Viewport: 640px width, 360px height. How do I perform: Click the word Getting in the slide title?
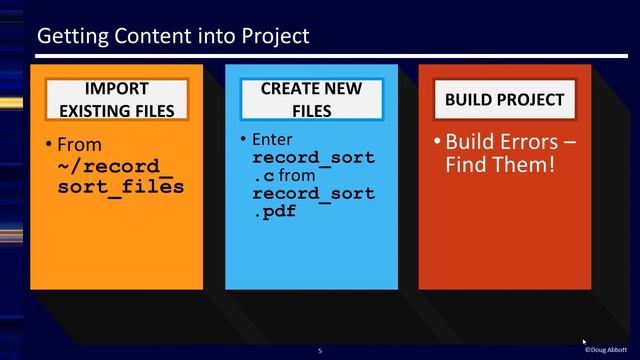70,36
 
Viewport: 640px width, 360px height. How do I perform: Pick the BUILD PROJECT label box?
504,100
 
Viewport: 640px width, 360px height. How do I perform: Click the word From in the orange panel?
80,146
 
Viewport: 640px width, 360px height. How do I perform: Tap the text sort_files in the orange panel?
120,186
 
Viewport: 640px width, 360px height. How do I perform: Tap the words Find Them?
499,162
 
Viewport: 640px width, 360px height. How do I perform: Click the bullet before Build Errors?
437,141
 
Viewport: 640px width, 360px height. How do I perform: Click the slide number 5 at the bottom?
320,350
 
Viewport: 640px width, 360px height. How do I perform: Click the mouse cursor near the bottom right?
585,342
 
